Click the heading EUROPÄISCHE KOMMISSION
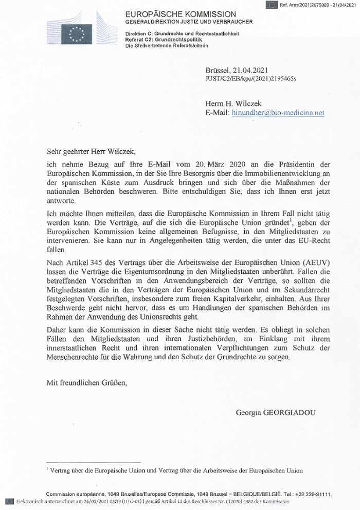coord(182,14)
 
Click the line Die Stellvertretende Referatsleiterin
coord(170,46)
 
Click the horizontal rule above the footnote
coord(93,463)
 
